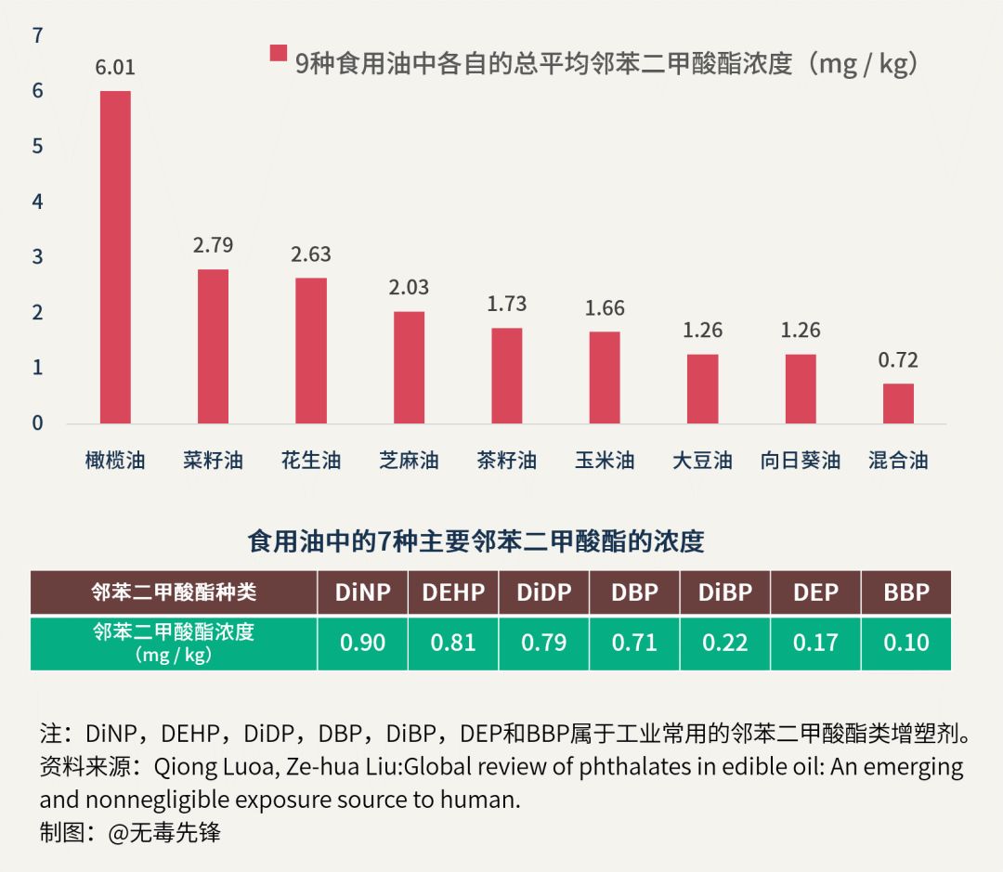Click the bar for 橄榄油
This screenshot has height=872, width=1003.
click(x=115, y=257)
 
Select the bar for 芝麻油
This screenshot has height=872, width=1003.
click(x=409, y=368)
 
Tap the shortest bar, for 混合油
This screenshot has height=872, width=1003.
click(x=898, y=404)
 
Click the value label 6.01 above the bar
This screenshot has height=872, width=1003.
click(x=115, y=68)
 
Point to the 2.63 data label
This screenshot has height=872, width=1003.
click(x=310, y=254)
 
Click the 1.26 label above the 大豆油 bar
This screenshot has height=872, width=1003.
click(x=702, y=331)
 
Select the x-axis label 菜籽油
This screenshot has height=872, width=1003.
click(x=213, y=461)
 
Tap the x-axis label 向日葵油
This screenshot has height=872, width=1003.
click(x=800, y=461)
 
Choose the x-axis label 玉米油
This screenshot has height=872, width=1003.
click(x=605, y=461)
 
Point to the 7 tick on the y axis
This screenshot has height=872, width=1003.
click(x=38, y=36)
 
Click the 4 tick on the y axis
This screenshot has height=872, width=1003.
click(x=38, y=202)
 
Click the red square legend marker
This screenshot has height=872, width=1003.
click(x=278, y=53)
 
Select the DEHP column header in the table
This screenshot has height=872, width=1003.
click(x=453, y=592)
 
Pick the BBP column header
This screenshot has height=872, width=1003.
click(x=906, y=592)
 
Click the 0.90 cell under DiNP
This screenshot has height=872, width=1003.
click(x=363, y=643)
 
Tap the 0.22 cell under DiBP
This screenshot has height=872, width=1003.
click(x=725, y=643)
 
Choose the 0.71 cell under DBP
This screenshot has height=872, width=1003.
click(x=634, y=643)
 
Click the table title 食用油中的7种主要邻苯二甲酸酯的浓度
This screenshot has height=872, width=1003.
click(x=475, y=541)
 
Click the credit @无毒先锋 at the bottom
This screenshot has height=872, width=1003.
click(x=164, y=832)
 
